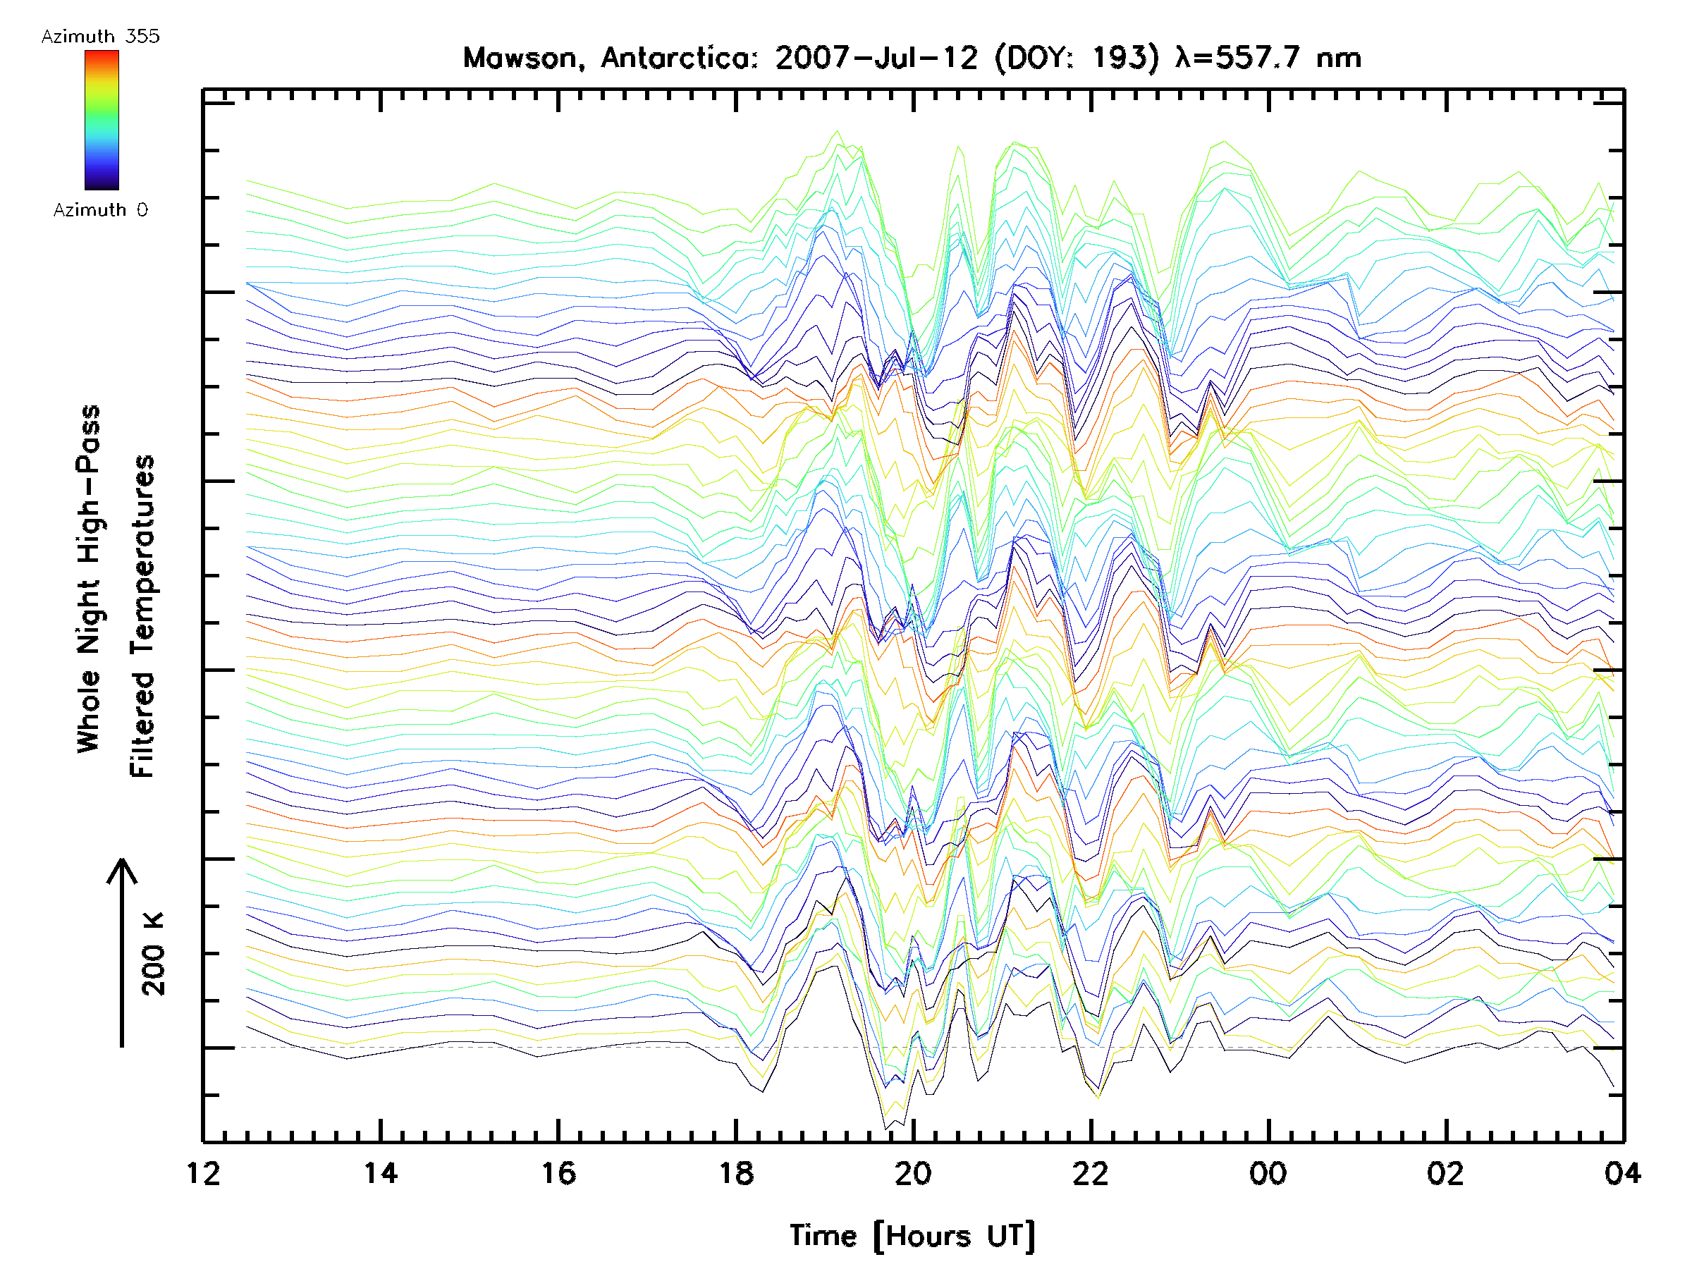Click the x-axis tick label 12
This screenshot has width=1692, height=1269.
click(x=203, y=1173)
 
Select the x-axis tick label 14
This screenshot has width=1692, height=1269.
click(x=380, y=1173)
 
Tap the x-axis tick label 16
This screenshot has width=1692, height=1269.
click(x=558, y=1173)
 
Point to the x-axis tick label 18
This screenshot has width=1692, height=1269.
click(x=736, y=1173)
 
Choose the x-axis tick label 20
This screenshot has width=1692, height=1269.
click(x=913, y=1173)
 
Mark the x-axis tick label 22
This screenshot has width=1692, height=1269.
click(x=1091, y=1173)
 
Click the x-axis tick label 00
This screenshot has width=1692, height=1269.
click(x=1268, y=1173)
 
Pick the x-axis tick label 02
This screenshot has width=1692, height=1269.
click(x=1446, y=1173)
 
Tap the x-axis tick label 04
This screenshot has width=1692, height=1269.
click(x=1622, y=1173)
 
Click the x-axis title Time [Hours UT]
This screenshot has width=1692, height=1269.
click(x=912, y=1236)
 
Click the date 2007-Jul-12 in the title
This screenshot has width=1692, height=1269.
click(x=876, y=58)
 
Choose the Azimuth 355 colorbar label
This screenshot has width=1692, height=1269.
click(x=100, y=36)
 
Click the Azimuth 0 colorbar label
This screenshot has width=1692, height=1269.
click(x=100, y=209)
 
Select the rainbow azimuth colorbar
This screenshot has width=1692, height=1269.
click(x=102, y=120)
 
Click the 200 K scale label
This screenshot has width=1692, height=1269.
click(x=154, y=953)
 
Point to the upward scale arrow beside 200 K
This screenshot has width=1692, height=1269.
click(x=123, y=952)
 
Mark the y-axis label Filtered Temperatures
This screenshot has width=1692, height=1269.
click(x=142, y=617)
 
